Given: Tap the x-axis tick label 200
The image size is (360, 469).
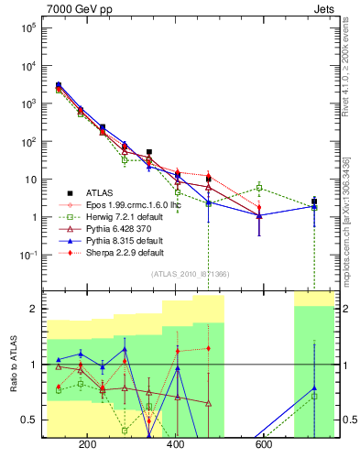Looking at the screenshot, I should tap(89, 446).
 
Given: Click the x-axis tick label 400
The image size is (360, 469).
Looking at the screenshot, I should tap(176, 446).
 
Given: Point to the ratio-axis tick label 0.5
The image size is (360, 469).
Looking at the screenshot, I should tap(28, 420).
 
